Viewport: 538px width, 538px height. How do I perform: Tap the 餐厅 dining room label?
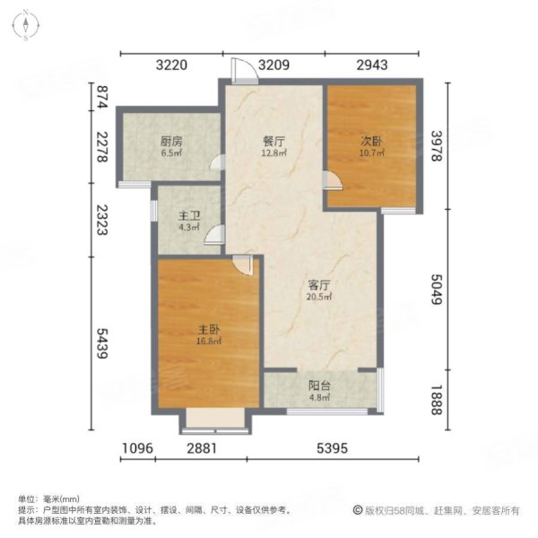click(x=274, y=141)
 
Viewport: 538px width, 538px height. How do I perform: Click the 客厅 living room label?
click(x=319, y=285)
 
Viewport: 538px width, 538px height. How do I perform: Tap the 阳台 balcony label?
click(x=319, y=386)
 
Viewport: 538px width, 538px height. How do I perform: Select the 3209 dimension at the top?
click(x=274, y=65)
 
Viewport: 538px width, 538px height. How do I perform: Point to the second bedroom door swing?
click(x=334, y=182)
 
